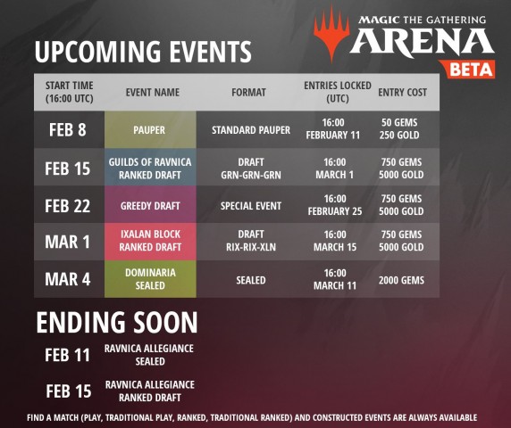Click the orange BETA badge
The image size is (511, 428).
click(x=467, y=69)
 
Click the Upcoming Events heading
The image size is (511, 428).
click(x=143, y=52)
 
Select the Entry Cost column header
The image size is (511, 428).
click(x=403, y=93)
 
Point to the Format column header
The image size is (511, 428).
click(x=248, y=93)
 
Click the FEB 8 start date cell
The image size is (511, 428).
click(x=68, y=129)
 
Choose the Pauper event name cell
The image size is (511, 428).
click(x=150, y=130)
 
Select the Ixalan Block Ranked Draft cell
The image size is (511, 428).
click(x=150, y=242)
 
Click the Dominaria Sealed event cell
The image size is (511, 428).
click(x=150, y=279)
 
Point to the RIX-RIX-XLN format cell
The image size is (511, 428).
click(x=251, y=241)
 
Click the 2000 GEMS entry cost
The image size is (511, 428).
click(x=401, y=280)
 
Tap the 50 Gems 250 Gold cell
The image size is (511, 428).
click(x=399, y=128)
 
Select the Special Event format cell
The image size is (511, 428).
click(x=251, y=206)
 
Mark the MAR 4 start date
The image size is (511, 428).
click(x=68, y=279)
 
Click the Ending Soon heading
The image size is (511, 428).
click(x=117, y=322)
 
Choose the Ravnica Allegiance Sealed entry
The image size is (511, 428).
click(x=149, y=355)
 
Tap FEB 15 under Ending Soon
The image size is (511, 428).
click(x=69, y=391)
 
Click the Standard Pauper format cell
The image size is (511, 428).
click(x=251, y=130)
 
